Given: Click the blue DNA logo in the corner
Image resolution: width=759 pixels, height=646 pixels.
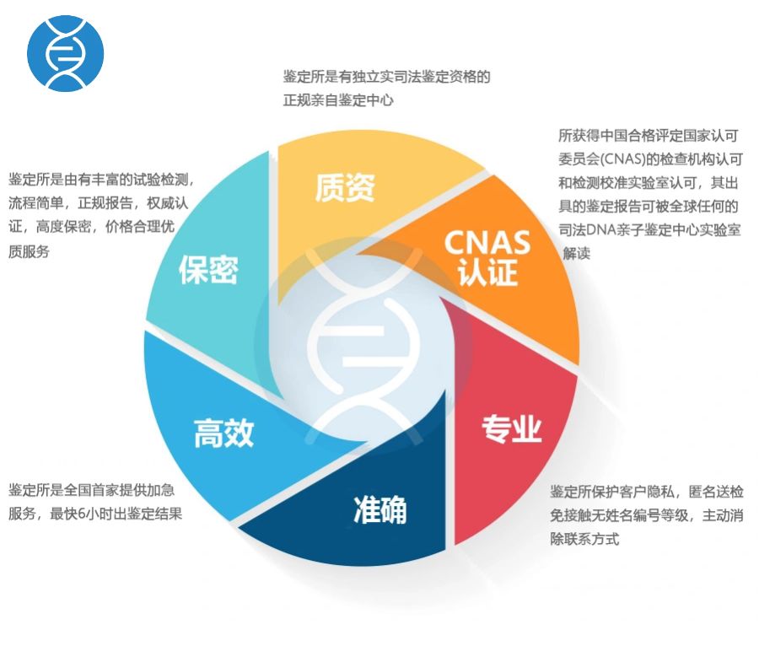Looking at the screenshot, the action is (65, 53).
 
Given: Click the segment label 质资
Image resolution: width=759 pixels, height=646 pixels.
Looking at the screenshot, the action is (345, 187).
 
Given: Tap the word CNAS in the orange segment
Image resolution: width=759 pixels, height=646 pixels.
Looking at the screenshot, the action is (487, 242).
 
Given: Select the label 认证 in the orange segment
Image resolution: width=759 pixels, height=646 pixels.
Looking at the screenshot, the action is (488, 272).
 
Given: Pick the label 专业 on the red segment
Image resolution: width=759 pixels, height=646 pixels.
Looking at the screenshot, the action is (512, 428).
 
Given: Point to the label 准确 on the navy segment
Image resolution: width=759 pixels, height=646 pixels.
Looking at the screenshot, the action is (380, 509).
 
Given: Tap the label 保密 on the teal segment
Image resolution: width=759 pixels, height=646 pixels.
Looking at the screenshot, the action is (208, 270).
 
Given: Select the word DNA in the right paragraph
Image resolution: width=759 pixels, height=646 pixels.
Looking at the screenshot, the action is (601, 230).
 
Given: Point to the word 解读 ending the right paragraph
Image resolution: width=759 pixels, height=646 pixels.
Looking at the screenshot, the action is (577, 253).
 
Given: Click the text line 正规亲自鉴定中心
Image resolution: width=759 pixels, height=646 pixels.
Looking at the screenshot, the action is (338, 100).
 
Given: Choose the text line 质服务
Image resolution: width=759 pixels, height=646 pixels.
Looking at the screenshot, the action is (29, 251).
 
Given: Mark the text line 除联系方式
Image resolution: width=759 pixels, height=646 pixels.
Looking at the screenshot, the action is (584, 539).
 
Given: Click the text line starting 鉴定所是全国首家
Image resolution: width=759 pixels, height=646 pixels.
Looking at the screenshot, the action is (91, 490).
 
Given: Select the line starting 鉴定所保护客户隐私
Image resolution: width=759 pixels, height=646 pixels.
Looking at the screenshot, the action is (647, 492).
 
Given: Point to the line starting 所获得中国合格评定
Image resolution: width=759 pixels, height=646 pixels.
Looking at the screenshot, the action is (649, 136).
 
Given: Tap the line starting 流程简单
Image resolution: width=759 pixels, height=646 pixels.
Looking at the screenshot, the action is (99, 203).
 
